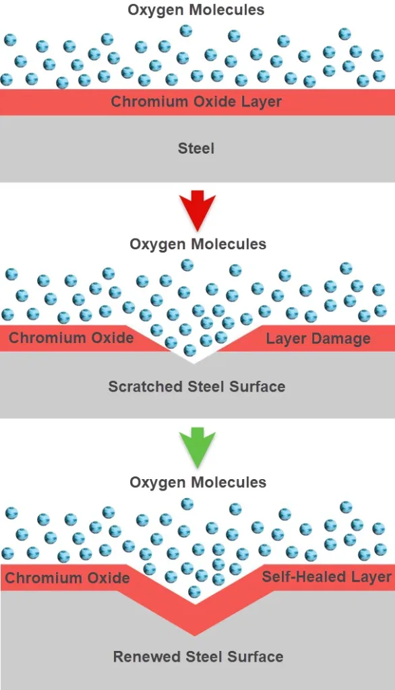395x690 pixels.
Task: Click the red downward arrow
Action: tap(197, 210)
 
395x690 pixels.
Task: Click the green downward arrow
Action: tap(197, 447)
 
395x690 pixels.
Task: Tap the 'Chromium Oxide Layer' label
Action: tap(196, 102)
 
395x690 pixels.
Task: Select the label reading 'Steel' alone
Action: tap(196, 148)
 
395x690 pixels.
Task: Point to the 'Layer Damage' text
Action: tap(318, 339)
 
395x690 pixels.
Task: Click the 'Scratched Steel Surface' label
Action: tap(197, 386)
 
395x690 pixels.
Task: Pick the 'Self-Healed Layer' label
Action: tap(326, 577)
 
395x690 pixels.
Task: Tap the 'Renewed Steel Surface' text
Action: tap(198, 656)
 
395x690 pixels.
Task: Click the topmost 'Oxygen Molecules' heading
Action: tap(196, 9)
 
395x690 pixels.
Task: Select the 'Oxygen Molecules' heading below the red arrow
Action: tap(197, 244)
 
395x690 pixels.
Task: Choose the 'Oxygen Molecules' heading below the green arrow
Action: tap(197, 482)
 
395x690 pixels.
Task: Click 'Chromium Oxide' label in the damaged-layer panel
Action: tap(71, 338)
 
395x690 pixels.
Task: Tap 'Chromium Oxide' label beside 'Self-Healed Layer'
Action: tap(67, 577)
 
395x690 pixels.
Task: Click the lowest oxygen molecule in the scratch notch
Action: tap(190, 350)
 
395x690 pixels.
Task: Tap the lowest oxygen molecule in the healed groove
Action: tap(194, 591)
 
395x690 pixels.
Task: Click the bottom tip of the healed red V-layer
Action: tap(195, 636)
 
